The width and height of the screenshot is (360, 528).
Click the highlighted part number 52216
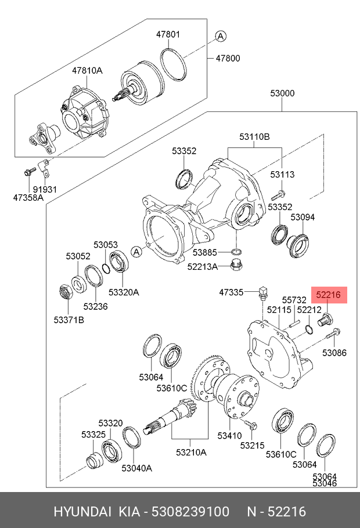328,295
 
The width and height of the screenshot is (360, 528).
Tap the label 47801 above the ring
168,35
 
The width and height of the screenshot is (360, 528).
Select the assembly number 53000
282,93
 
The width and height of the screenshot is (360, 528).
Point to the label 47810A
87,70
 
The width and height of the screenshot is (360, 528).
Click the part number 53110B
255,137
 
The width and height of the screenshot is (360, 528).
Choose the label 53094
303,217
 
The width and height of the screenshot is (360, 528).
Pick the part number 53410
229,435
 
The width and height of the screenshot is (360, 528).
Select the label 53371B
69,320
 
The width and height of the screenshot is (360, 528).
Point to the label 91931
44,189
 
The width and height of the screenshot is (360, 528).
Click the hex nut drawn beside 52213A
236,266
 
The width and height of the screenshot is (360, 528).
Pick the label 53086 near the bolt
334,352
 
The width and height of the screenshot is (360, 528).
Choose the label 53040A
136,468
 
